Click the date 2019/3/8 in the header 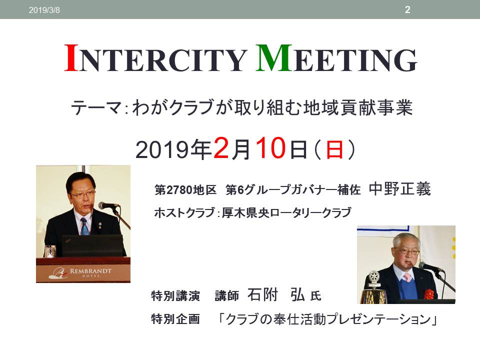pos(44,10)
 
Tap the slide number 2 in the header pos(407,9)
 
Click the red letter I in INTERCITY pos(71,58)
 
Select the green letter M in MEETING pos(273,58)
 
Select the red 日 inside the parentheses pos(334,149)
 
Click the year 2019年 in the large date pos(174,149)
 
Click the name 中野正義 pos(400,188)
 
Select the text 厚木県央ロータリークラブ pos(286,212)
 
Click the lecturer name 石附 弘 pos(276,295)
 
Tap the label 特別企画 pos(175,319)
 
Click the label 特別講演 pos(175,296)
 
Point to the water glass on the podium pos(50,251)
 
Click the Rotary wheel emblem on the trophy pos(373,276)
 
